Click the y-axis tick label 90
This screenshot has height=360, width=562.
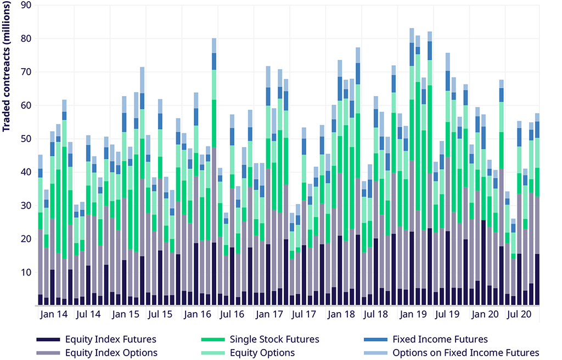point(25,5)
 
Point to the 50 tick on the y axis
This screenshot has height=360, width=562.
point(25,139)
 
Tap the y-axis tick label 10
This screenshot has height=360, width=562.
point(25,272)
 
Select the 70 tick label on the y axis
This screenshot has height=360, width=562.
point(25,72)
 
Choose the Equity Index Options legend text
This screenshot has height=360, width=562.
point(111,352)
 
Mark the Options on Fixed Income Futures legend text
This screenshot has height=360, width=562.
point(466,352)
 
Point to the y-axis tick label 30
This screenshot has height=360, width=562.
point(25,205)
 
